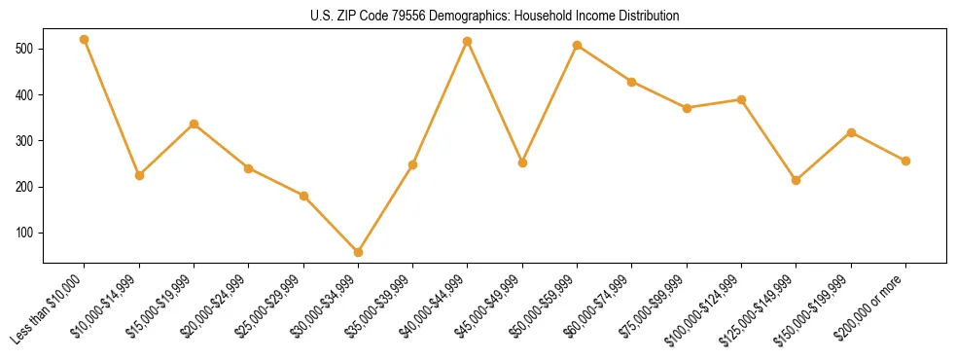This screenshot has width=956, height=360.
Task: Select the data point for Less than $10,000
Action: tap(85, 40)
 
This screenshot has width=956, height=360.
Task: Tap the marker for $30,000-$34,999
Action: tap(359, 252)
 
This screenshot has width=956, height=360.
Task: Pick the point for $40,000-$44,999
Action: tap(468, 41)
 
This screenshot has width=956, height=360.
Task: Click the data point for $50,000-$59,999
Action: tap(578, 45)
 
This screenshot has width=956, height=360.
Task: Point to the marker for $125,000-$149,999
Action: tap(797, 180)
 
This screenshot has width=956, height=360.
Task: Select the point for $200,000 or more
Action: tap(906, 161)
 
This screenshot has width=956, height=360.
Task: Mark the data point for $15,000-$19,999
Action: tap(195, 124)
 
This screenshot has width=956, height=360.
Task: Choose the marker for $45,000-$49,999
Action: tap(523, 162)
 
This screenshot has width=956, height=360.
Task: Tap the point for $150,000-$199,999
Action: tap(852, 132)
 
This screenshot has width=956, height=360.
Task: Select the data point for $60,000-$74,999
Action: tap(632, 82)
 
